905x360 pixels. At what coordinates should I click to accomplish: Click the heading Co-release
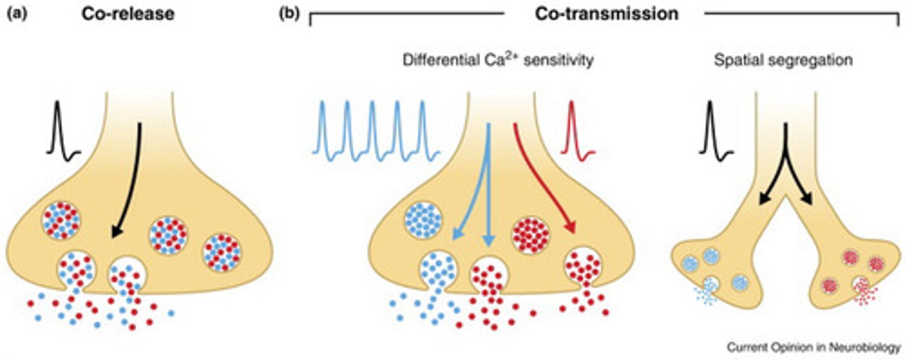click(128, 13)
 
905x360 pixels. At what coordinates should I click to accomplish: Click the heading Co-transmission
click(606, 13)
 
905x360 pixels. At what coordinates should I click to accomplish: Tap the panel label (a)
click(18, 13)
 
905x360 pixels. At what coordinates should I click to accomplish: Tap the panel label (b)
click(290, 13)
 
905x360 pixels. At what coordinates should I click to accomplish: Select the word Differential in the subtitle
click(434, 61)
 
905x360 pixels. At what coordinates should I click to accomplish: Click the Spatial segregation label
click(782, 61)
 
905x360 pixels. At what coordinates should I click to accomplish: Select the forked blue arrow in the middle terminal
click(484, 188)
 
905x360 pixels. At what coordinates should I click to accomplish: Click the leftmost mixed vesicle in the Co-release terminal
click(60, 221)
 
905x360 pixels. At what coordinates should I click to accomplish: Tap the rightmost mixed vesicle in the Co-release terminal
click(222, 252)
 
